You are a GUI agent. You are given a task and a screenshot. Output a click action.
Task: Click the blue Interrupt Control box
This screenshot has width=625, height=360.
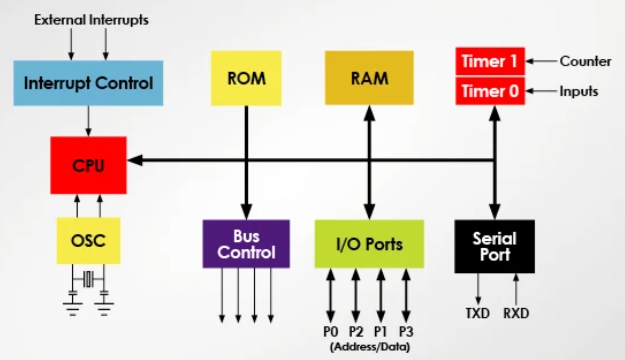point(88,83)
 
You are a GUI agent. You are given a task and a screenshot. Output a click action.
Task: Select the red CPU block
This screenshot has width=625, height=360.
point(88,165)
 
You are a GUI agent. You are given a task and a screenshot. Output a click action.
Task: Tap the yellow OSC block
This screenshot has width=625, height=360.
point(88,240)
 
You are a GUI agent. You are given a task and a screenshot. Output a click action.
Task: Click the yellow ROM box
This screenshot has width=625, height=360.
point(246,78)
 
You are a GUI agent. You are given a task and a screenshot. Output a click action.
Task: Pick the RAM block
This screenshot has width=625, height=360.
point(369,78)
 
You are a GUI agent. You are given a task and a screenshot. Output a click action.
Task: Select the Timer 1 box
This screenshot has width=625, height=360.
point(490,61)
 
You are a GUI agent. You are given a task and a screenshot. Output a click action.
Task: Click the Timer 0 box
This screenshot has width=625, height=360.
point(490,91)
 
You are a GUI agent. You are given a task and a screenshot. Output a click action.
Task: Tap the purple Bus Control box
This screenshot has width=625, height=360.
point(246,244)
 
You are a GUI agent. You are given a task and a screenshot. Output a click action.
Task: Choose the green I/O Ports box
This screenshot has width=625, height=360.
point(369,244)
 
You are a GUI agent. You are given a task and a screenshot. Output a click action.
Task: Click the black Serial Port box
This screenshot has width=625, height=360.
point(494,246)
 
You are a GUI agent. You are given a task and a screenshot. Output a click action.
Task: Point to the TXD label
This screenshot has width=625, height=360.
point(477,313)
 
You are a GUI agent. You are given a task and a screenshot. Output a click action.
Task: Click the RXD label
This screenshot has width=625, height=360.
point(516,313)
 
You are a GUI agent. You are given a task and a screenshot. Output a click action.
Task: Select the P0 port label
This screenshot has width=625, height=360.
point(331,331)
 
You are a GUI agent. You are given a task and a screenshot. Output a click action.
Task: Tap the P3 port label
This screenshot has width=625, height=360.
point(406,331)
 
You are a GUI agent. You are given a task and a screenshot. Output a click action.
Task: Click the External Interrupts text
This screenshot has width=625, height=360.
point(91,20)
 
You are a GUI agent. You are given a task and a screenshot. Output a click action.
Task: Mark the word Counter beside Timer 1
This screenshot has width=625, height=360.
point(585,61)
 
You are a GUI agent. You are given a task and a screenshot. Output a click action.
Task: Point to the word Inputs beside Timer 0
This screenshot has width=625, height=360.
point(579,91)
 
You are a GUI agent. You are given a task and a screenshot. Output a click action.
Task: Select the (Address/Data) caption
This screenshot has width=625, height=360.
point(370,347)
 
